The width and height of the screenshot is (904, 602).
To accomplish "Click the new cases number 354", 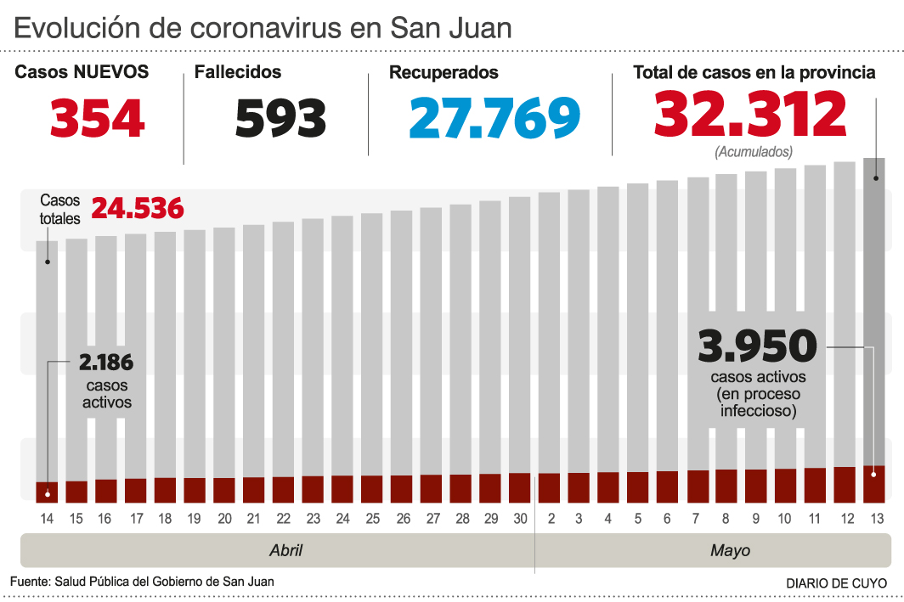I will coord(97,118).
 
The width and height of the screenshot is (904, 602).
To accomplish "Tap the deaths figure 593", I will coord(280,118).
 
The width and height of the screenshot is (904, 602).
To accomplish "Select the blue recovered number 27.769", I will coord(494,118).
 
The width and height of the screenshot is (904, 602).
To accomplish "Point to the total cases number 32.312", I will coord(750,115).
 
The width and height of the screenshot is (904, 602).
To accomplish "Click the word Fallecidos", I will coord(238,73).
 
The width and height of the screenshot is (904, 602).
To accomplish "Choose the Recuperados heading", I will coord(444,73).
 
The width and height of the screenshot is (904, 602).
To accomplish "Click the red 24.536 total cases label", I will coord(138,208).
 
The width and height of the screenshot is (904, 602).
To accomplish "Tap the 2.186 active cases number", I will coord(106,363).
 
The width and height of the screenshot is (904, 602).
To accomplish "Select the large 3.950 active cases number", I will coord(757,346).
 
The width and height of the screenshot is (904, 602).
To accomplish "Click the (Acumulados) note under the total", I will coord(754,153).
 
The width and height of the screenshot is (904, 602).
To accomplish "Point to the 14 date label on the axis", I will coord(47,519).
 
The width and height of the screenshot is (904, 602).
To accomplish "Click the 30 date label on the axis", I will coord(520,519).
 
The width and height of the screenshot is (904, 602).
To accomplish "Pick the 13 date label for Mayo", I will coord(874,519).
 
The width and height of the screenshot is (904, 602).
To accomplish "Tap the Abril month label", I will coord(285,550).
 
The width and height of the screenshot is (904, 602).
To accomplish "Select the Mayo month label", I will coord(730,550).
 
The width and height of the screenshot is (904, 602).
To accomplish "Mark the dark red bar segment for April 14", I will coord(47,492).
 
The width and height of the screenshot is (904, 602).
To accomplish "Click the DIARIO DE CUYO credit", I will coord(836,583).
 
